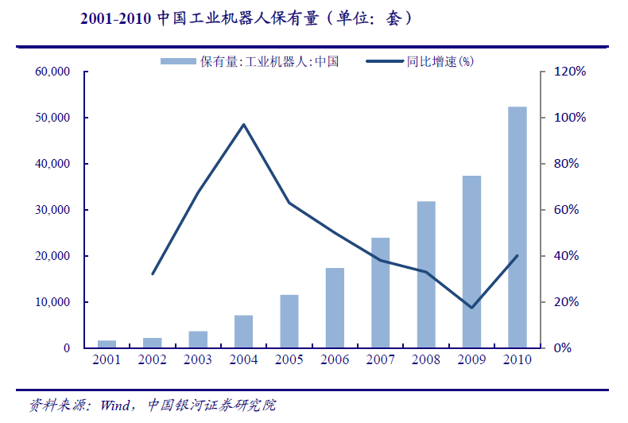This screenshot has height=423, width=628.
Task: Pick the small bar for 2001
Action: click(x=107, y=344)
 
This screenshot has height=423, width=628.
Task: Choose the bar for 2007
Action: click(x=381, y=293)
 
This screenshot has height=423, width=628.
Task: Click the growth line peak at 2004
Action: click(x=243, y=124)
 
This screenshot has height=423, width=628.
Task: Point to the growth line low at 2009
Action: click(x=471, y=308)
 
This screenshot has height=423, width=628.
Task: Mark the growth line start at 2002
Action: click(x=153, y=274)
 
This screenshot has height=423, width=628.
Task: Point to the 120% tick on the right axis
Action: click(x=569, y=72)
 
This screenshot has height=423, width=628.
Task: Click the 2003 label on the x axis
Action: click(x=198, y=360)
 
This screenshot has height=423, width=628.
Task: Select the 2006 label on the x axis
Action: click(x=335, y=360)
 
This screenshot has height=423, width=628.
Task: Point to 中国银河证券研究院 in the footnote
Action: click(x=211, y=405)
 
